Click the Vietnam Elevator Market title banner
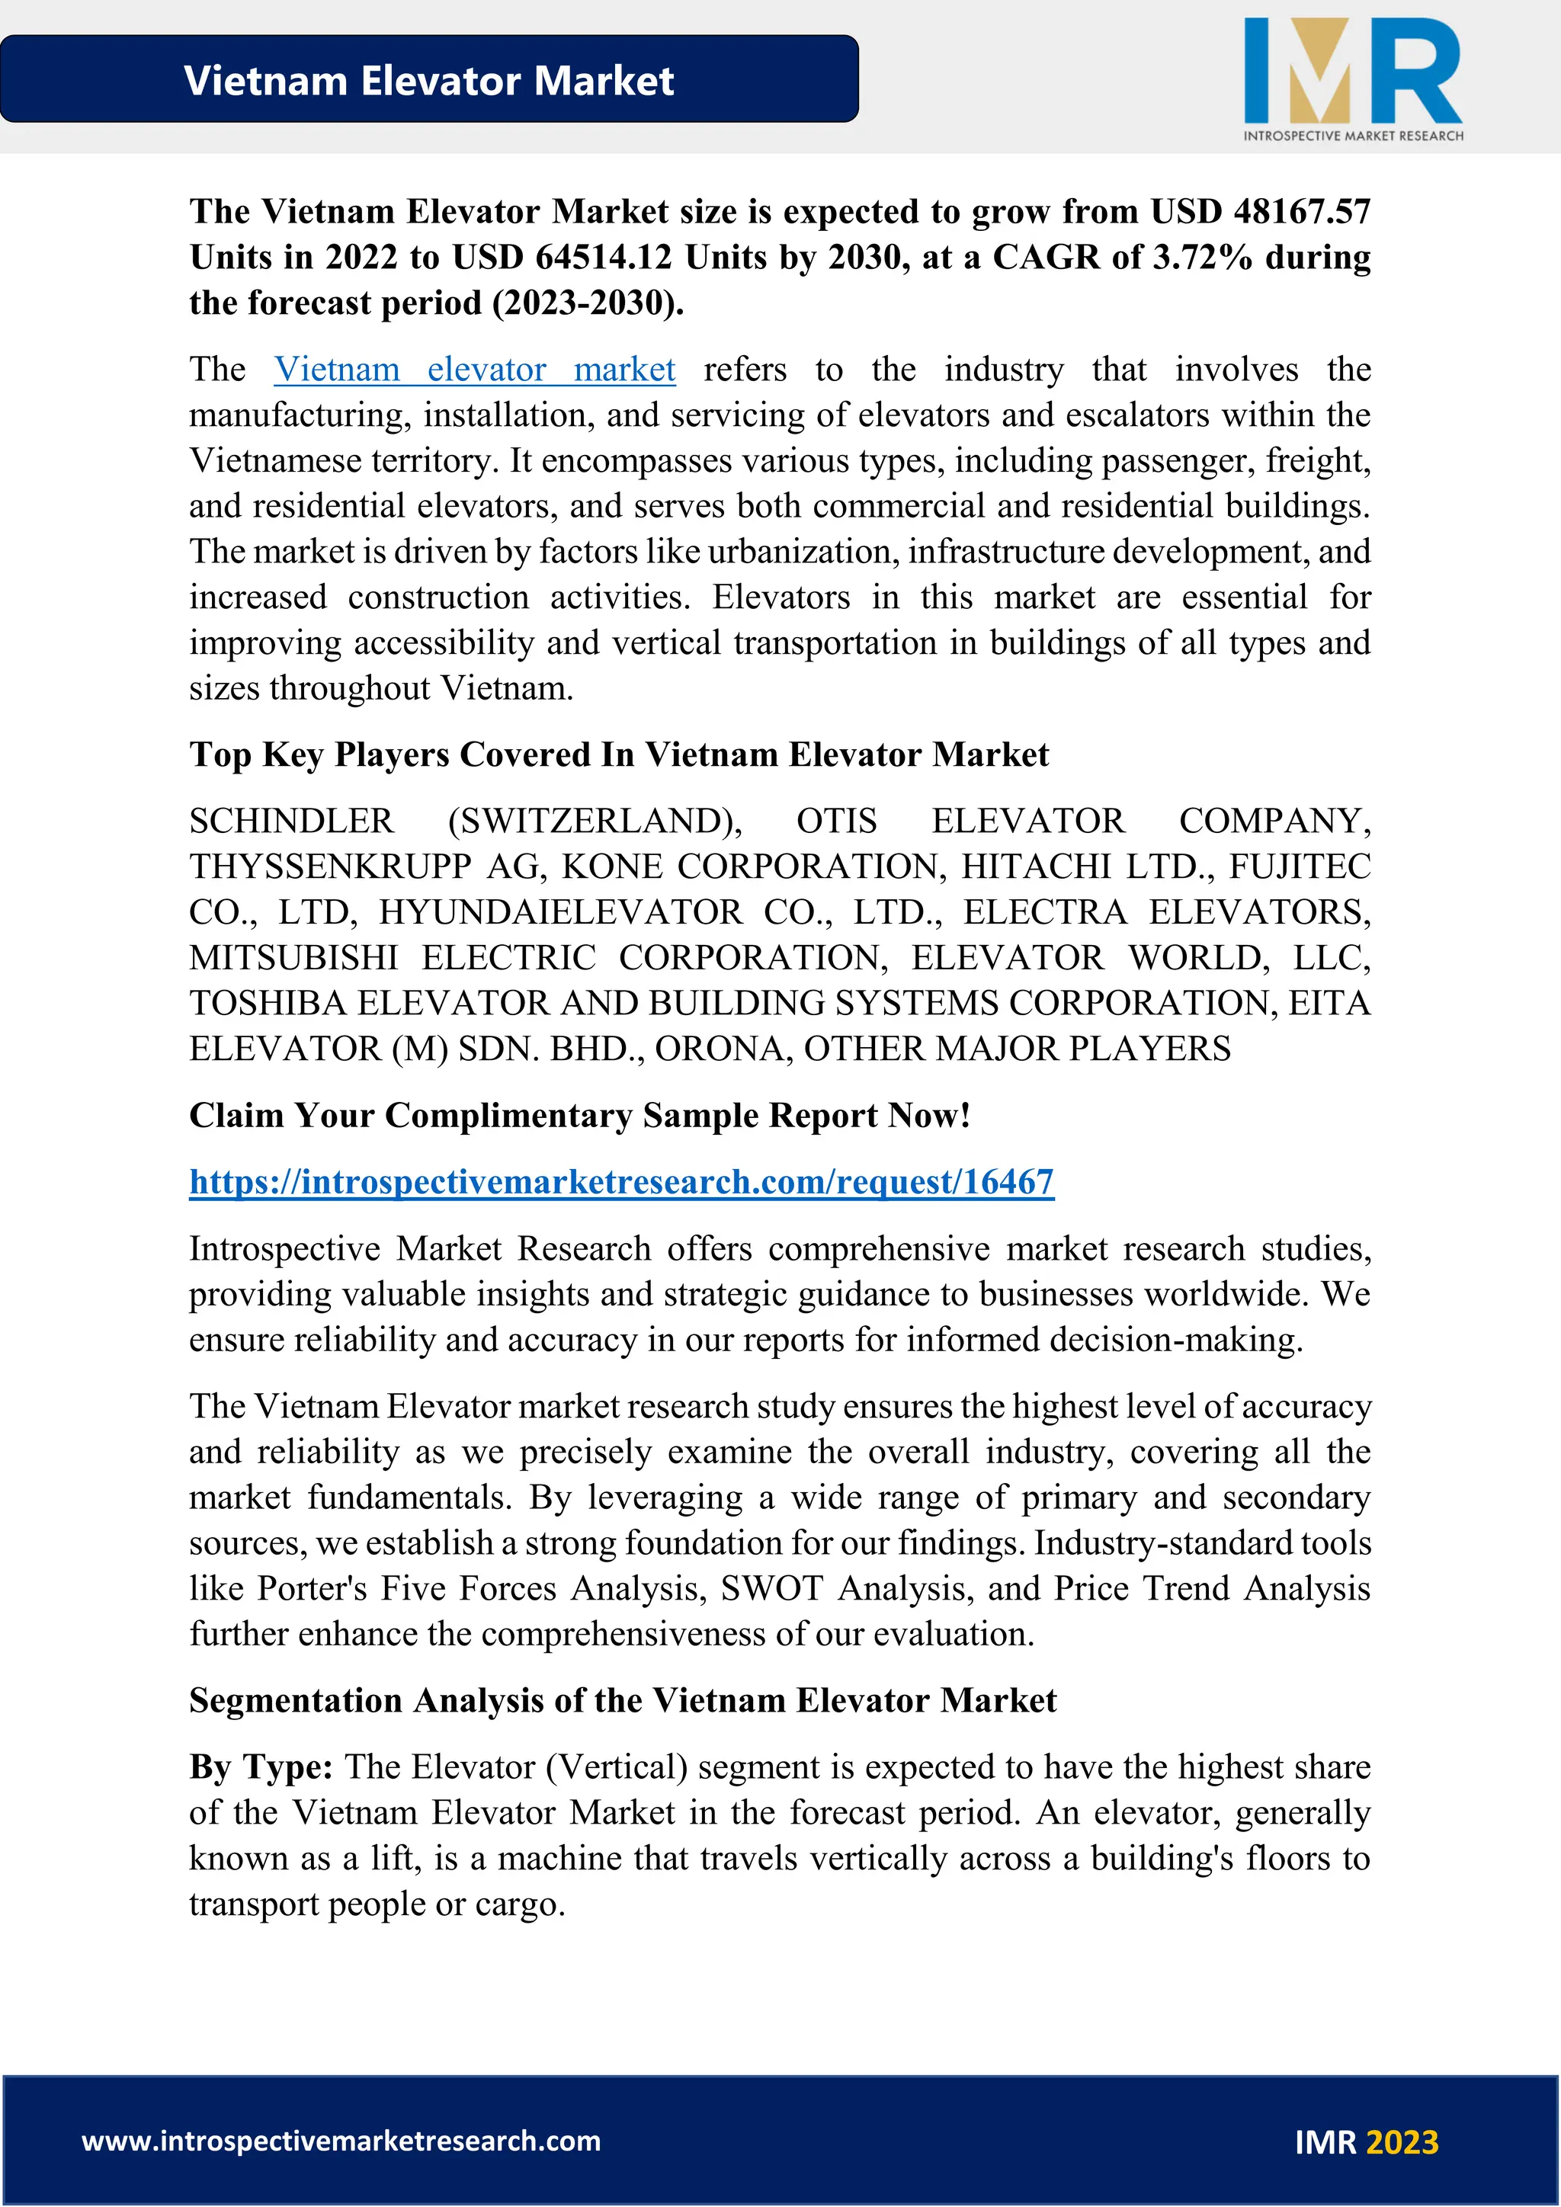click(428, 80)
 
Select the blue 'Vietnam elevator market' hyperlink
click(474, 369)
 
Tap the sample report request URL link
click(621, 1181)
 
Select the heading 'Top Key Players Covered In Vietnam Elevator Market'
click(618, 754)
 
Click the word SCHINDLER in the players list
click(291, 821)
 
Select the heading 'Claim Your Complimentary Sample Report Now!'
click(579, 1115)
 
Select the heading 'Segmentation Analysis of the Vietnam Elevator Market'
click(622, 1700)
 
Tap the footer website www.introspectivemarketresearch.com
click(341, 2141)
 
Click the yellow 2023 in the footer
click(1402, 2142)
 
